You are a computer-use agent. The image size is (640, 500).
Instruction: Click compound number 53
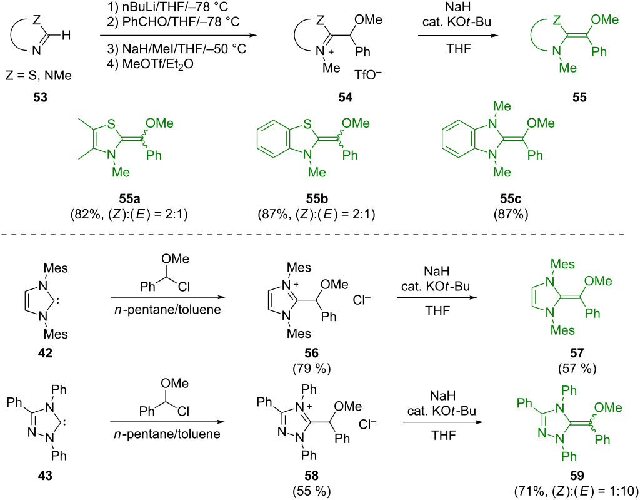(x=39, y=98)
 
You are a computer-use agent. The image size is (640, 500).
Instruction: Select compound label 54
(x=345, y=98)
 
